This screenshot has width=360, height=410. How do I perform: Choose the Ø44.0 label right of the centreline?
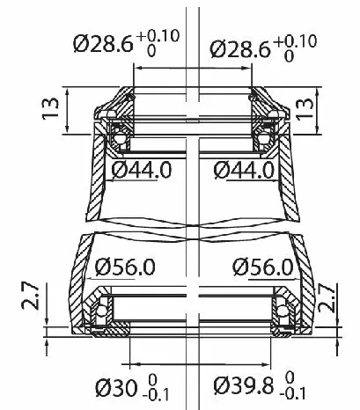click(x=237, y=168)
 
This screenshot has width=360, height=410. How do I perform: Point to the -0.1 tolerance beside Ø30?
click(x=159, y=393)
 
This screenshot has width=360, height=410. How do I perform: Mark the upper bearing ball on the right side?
click(x=261, y=135)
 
